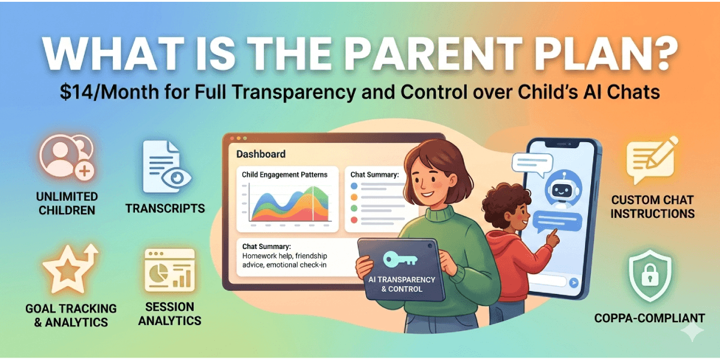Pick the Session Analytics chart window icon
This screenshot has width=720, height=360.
[170, 270]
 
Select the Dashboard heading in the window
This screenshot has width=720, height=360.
[260, 154]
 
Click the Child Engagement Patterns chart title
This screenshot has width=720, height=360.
[284, 175]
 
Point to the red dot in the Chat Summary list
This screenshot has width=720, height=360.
[354, 220]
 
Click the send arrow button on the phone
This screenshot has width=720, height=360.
[574, 282]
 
